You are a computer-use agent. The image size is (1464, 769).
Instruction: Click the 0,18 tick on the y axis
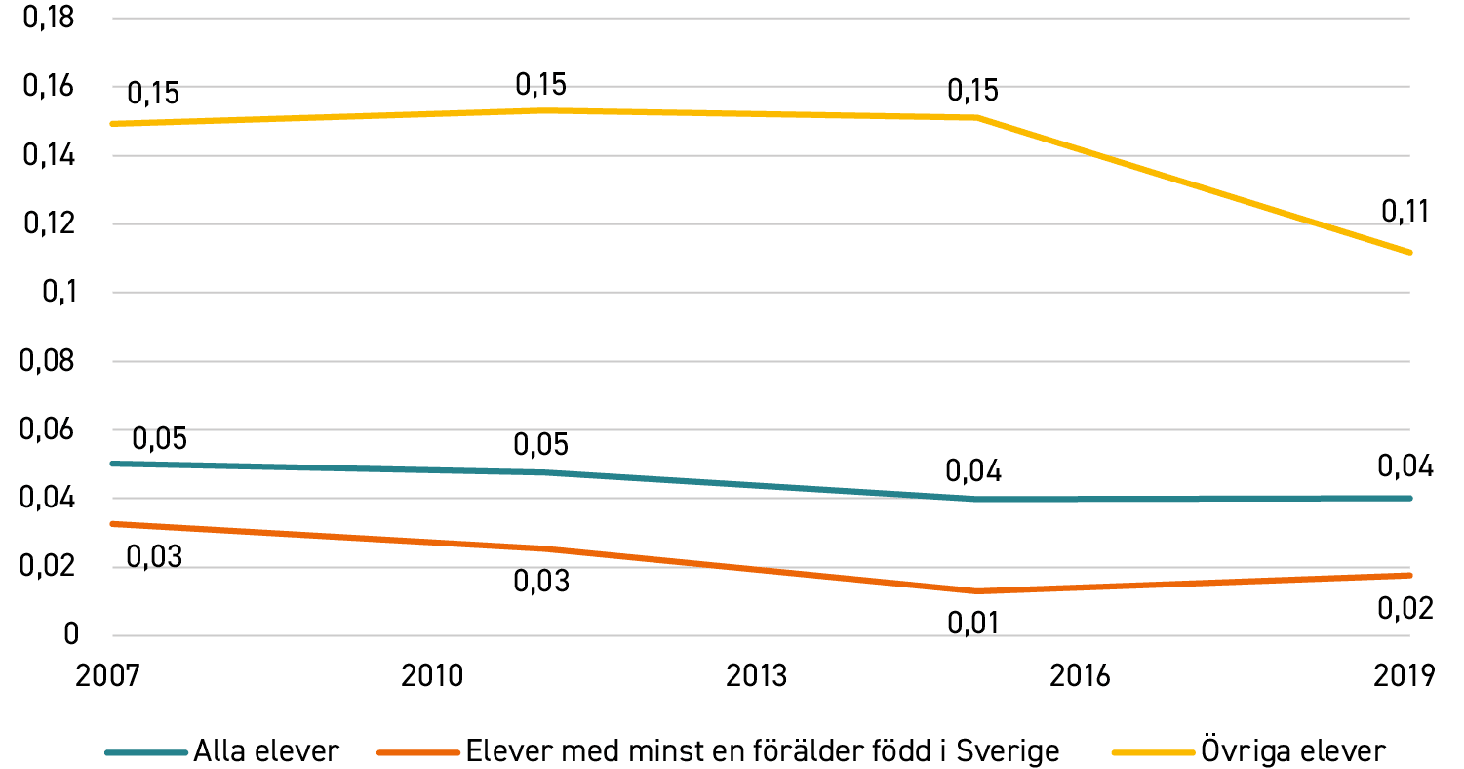49,18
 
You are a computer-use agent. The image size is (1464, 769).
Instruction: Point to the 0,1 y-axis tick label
59,292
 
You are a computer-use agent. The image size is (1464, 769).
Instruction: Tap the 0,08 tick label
47,361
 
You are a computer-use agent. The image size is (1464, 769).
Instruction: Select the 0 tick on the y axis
71,633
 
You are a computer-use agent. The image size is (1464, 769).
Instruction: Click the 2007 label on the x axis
107,676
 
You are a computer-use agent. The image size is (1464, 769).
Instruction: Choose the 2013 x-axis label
756,676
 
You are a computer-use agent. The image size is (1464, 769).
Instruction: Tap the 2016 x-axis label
1080,676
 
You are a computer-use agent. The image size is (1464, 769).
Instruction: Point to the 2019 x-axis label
1404,676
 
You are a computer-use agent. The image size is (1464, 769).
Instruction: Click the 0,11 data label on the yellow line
1405,212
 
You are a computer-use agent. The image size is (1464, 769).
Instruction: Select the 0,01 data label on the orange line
973,624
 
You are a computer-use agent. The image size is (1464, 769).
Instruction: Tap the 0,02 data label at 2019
1405,609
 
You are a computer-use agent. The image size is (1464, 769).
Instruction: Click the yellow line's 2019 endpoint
1409,253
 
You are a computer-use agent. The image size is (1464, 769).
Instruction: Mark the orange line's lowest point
976,591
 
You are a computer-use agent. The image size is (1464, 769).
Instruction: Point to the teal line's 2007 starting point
113,464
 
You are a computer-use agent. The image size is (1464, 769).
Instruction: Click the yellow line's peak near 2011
548,111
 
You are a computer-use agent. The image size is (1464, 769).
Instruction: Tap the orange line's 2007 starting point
113,524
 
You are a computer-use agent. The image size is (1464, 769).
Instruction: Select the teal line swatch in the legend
146,752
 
